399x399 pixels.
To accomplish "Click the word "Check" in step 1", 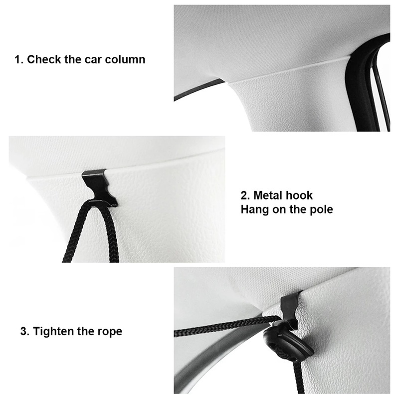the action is [x=44, y=59].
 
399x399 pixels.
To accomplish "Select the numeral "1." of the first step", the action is [x=19, y=60].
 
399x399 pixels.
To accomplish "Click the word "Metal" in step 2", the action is [x=269, y=196].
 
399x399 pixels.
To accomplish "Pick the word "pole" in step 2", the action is [x=321, y=209].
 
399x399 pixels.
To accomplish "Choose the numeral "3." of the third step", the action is [x=25, y=332].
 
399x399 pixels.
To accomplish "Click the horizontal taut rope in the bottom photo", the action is [x=226, y=326].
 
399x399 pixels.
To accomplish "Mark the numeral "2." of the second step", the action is [x=245, y=196].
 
